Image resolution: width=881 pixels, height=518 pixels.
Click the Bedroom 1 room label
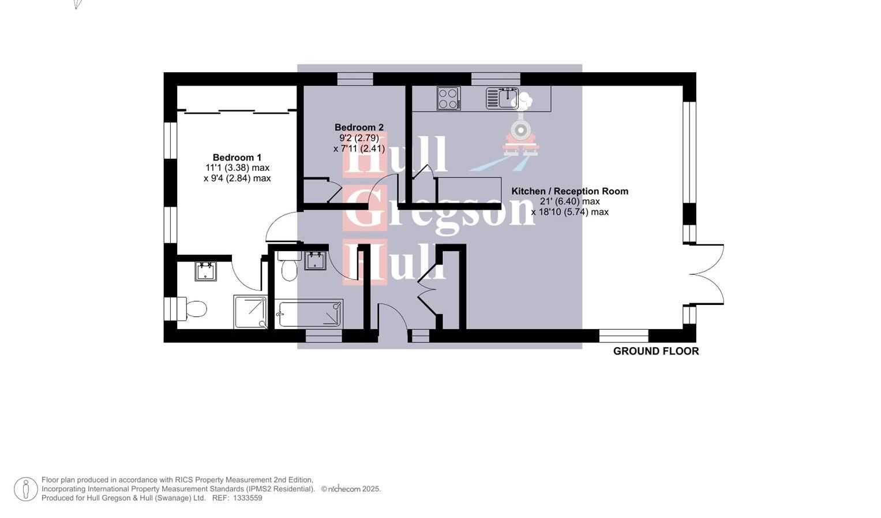237,158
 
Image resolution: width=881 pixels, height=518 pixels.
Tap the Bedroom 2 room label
359,128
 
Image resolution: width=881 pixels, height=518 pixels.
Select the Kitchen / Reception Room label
569,191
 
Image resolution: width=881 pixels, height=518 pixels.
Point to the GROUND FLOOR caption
655,351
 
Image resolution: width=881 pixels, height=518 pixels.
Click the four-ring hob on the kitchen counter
448,98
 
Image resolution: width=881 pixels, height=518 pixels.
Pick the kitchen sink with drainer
501,98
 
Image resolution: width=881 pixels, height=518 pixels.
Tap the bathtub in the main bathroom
310,314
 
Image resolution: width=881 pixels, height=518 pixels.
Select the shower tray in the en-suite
250,312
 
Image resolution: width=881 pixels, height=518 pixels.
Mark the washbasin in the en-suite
205,271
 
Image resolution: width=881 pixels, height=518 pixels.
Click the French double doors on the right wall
707,274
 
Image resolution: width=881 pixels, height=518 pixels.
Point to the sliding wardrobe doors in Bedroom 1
237,111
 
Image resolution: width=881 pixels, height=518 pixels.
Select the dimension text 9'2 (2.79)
359,138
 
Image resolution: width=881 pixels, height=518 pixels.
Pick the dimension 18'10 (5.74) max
569,212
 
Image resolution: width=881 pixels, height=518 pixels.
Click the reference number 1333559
248,498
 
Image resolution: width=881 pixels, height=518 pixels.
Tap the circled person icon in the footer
26,489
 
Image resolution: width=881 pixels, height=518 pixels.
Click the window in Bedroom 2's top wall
355,79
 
